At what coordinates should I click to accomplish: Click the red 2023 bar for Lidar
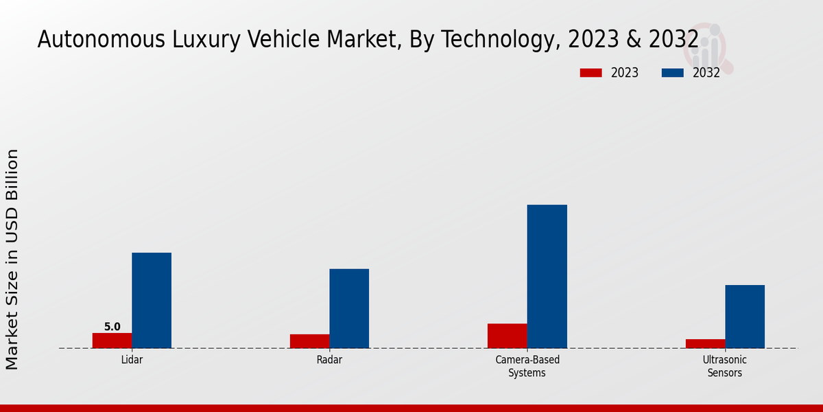(x=112, y=341)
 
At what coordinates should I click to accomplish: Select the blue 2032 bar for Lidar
(x=152, y=300)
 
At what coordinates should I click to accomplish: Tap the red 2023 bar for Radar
(x=309, y=341)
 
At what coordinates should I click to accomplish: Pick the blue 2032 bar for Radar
(x=349, y=308)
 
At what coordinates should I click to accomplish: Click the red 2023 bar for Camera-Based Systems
(x=508, y=336)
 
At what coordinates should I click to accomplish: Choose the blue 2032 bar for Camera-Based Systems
(x=547, y=276)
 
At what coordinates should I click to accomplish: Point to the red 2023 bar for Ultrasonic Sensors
(x=705, y=343)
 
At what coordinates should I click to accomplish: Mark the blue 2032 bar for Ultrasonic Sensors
(x=745, y=317)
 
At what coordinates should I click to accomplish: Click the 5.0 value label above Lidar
(x=112, y=327)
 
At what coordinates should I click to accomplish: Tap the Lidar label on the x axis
(x=132, y=360)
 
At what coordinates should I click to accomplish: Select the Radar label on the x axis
(x=329, y=360)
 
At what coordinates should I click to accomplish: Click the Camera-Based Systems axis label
(x=527, y=366)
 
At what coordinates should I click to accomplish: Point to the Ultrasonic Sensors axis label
(x=725, y=366)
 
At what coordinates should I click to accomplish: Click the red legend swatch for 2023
(x=591, y=73)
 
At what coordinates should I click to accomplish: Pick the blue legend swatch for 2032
(x=673, y=73)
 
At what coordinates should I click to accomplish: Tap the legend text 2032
(x=706, y=73)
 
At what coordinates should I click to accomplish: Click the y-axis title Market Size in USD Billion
(x=12, y=260)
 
